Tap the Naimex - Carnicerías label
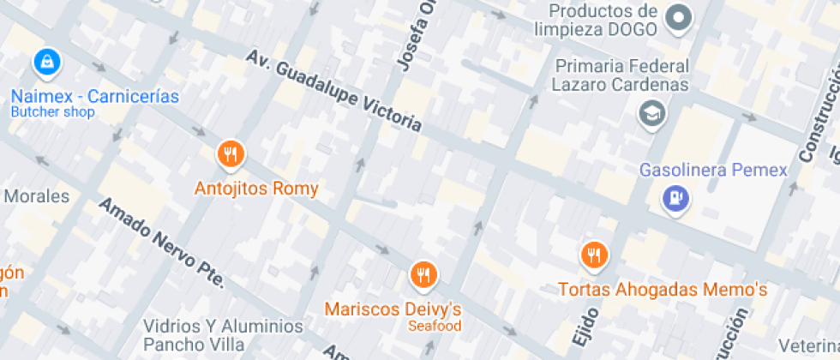point(95,96)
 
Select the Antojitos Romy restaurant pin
point(231,155)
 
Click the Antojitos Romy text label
point(256,189)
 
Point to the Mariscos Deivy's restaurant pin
point(423,275)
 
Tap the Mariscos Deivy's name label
point(393,309)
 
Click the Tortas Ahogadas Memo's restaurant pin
point(594,255)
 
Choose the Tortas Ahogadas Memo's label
point(662,290)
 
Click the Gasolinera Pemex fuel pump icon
point(676,199)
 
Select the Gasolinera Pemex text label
point(713,170)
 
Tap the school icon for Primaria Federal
point(652,113)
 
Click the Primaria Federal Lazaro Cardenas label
point(621,75)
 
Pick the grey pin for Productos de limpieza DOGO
point(680,17)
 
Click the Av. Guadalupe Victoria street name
point(334,90)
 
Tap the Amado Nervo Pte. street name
point(162,243)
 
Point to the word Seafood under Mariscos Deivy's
point(434,327)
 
